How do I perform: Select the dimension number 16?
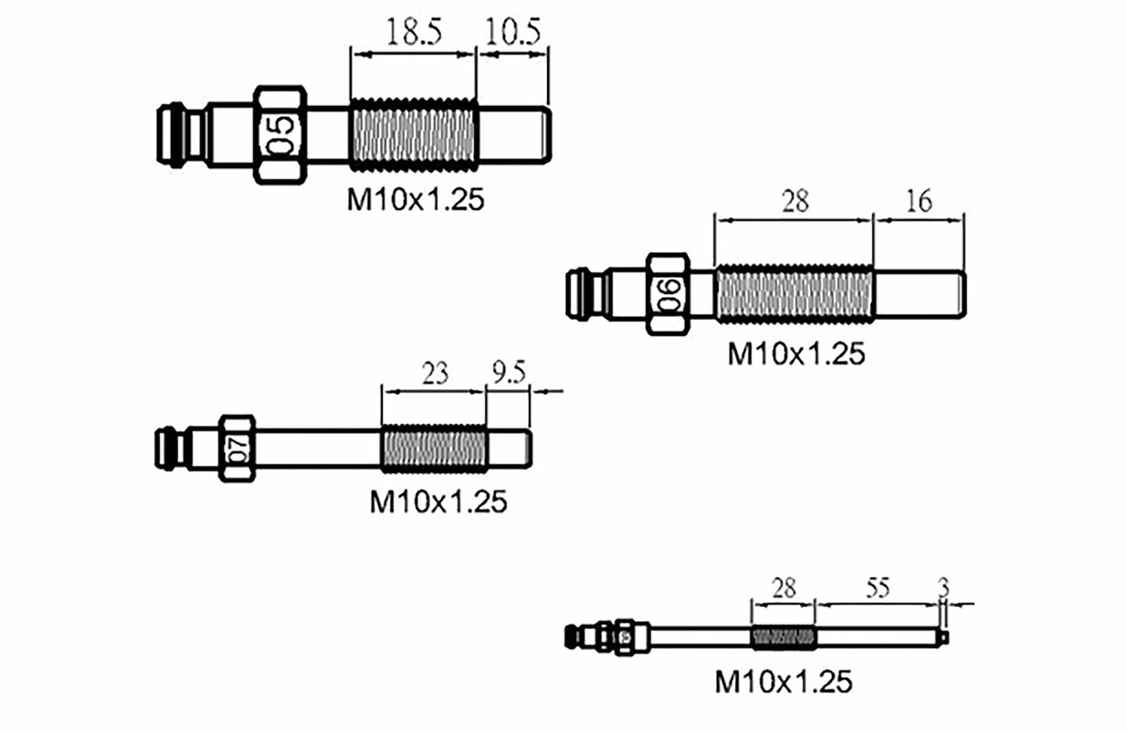(x=919, y=200)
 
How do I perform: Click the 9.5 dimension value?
(x=508, y=374)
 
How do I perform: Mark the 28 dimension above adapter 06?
(x=795, y=200)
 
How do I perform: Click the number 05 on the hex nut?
(x=281, y=135)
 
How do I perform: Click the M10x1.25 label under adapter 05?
(x=415, y=200)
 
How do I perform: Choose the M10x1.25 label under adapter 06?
(x=795, y=354)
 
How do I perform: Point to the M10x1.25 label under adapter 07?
(x=437, y=502)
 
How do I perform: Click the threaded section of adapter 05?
(x=413, y=135)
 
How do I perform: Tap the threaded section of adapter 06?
(x=794, y=294)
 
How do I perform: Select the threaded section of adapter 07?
(x=434, y=448)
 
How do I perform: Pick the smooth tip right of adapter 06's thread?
(x=919, y=294)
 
